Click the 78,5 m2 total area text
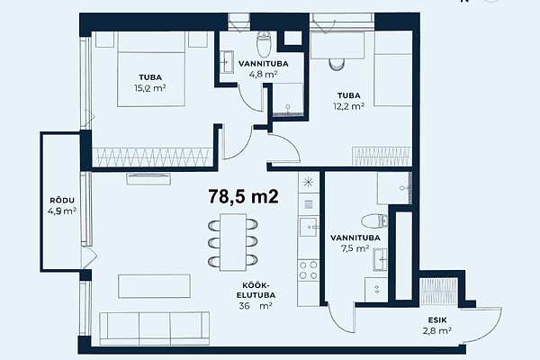click(x=243, y=197)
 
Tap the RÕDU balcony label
click(x=62, y=200)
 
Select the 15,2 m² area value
click(x=150, y=88)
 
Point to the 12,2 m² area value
click(x=348, y=106)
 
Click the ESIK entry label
click(x=437, y=320)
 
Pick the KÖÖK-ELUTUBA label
click(x=258, y=290)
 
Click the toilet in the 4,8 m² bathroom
click(x=264, y=44)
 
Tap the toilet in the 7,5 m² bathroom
click(x=374, y=220)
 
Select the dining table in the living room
click(x=233, y=242)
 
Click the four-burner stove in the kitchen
click(x=308, y=270)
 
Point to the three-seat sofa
click(x=154, y=328)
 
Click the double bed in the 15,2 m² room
click(x=151, y=69)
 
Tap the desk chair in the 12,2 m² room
click(x=337, y=65)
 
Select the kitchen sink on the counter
click(x=308, y=227)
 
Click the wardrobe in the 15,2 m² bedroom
click(x=153, y=157)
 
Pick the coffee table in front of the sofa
click(x=154, y=286)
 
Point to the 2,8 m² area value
click(x=437, y=330)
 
